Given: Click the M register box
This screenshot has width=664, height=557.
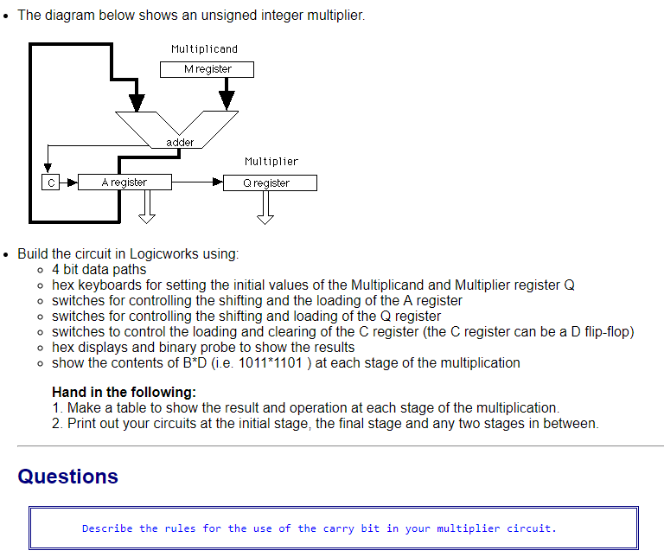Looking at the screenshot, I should coord(207,69).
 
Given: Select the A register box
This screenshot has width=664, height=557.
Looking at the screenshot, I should coord(124,182).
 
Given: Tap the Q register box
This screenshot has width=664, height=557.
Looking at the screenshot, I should coord(270,183).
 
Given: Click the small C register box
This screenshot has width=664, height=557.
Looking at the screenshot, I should coord(51,182).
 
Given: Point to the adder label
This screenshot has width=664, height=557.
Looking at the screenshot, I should coord(180,142).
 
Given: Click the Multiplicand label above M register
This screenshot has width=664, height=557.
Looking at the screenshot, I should coord(204,49).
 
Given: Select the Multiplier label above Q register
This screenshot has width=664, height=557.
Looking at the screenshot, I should coord(271,162).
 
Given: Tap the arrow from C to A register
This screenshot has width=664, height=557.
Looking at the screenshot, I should coord(69,182).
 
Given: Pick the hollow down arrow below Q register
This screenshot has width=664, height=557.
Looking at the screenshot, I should coord(265,207).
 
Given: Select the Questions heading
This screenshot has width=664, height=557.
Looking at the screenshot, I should coord(67,477).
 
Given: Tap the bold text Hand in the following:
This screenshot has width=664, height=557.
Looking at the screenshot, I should coord(124,391).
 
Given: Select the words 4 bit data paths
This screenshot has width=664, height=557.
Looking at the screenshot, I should coord(99,269).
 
